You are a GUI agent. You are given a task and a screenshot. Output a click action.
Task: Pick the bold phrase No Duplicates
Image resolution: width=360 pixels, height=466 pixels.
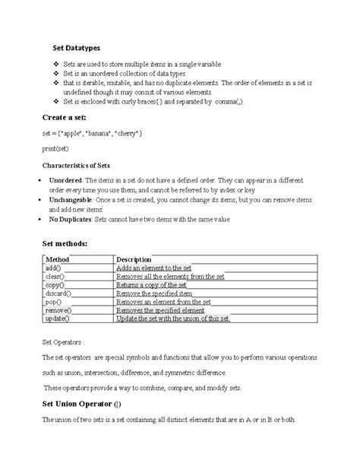pos(71,218)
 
